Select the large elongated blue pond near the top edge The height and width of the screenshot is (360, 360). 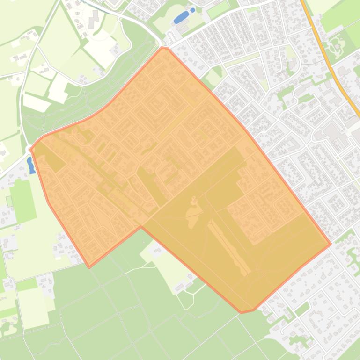180,18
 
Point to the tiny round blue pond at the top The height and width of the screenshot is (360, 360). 193,10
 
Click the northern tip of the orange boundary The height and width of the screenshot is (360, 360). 162,47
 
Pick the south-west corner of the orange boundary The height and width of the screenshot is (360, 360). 89,267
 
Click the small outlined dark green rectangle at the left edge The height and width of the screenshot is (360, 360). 9,202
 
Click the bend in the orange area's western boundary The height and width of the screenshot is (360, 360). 48,202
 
